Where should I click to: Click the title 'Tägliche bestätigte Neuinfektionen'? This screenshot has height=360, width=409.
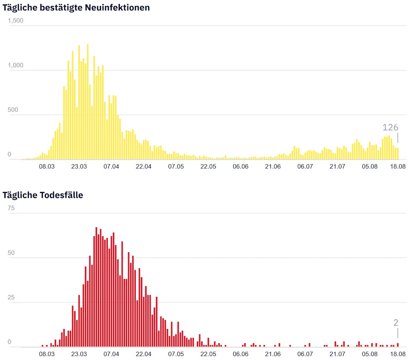point(76,7)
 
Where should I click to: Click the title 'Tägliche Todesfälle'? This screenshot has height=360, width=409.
point(43,195)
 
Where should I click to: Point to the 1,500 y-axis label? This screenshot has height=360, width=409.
point(16,21)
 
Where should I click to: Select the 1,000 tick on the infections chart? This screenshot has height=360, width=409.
point(16,65)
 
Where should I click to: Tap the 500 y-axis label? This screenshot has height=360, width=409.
point(13,110)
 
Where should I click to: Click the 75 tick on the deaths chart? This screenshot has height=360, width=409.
point(11,208)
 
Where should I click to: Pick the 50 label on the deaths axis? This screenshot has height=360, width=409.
point(11,253)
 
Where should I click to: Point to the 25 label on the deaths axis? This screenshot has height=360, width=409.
point(11,297)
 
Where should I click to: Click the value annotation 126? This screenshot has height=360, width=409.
point(390,127)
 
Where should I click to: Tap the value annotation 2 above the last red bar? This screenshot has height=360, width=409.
point(396,323)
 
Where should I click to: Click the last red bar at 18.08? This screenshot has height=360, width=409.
point(398,345)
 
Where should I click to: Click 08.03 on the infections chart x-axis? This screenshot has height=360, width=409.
point(47,166)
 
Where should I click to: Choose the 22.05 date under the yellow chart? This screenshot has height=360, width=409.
point(208,166)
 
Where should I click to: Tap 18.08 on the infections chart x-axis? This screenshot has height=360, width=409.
point(397,166)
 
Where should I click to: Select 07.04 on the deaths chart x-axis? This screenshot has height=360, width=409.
point(111,354)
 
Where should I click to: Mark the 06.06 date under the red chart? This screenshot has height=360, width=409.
point(240,354)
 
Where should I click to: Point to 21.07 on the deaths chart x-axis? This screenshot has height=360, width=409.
point(337,354)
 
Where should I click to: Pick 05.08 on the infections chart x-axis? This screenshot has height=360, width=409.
point(369,166)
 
